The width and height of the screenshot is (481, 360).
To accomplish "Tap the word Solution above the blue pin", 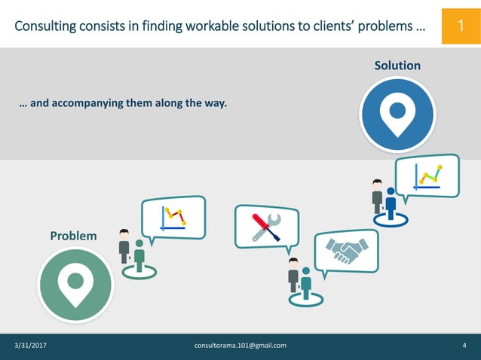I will click(x=397, y=66).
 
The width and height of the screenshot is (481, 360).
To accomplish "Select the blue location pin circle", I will click(x=397, y=114).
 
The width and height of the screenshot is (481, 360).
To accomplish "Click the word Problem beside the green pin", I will click(x=73, y=236).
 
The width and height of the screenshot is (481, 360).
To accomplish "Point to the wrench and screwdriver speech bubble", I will click(x=265, y=225).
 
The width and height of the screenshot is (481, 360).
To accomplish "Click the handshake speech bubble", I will click(x=346, y=252).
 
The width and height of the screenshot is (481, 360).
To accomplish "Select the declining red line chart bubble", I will click(x=173, y=217).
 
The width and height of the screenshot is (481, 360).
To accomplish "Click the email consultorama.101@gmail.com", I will click(x=240, y=345).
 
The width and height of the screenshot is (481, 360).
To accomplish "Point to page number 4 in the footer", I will click(x=464, y=345).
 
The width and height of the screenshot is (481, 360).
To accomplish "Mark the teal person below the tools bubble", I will click(x=306, y=282).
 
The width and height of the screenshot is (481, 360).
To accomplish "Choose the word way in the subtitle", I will click(x=217, y=102).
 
